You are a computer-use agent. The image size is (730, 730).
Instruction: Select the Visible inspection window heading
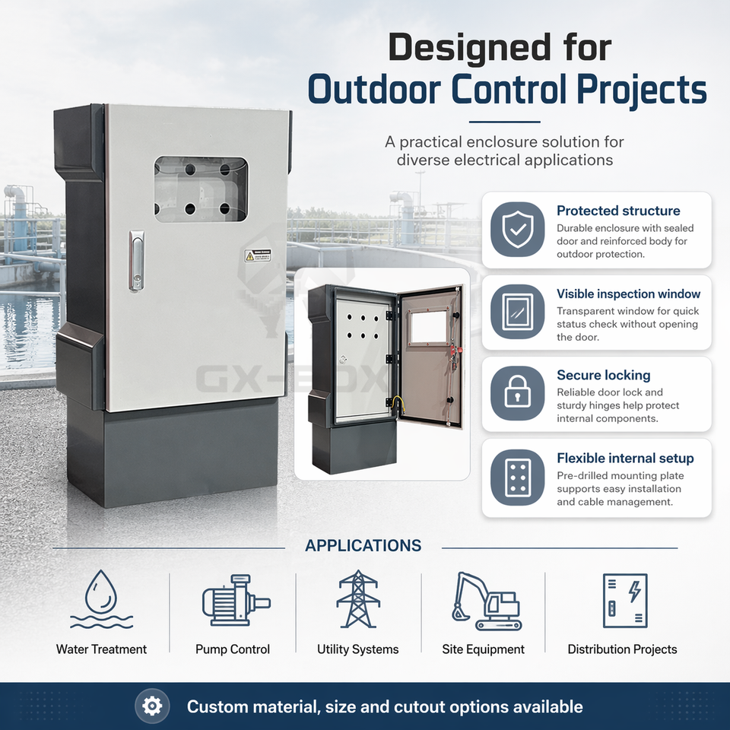tap(628, 294)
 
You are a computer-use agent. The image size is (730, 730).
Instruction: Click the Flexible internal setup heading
tap(625, 458)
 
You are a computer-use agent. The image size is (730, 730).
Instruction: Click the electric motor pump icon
tap(235, 600)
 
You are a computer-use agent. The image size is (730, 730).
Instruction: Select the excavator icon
tap(485, 601)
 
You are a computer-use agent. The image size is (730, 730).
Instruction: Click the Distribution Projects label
tap(622, 649)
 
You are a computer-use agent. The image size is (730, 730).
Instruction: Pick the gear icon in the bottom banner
tap(152, 706)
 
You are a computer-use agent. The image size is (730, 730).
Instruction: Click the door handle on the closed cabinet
tap(136, 261)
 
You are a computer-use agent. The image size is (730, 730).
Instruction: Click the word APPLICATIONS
tap(363, 546)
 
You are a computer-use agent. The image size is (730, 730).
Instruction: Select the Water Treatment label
tap(101, 649)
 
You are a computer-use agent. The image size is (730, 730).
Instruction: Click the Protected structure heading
tap(618, 211)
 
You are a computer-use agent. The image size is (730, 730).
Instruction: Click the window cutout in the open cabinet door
tap(427, 328)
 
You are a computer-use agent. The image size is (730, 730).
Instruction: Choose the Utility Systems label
tap(357, 649)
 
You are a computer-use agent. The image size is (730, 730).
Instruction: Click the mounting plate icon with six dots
tap(517, 477)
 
